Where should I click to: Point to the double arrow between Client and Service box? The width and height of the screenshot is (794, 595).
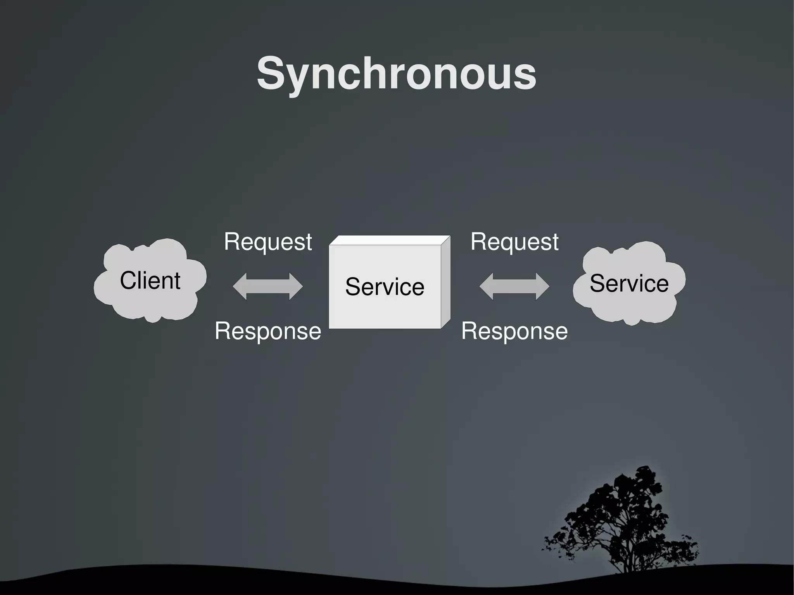pyautogui.click(x=268, y=286)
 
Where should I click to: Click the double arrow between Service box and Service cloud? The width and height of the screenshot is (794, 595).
pyautogui.click(x=514, y=286)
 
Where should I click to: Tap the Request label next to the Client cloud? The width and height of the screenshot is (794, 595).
pyautogui.click(x=268, y=242)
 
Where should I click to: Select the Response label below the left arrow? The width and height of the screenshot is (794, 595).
pyautogui.click(x=268, y=331)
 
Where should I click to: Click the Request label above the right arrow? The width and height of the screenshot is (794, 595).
pyautogui.click(x=514, y=242)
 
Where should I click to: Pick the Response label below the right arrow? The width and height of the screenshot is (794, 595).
pyautogui.click(x=514, y=331)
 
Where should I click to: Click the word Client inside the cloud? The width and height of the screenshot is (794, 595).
pyautogui.click(x=150, y=280)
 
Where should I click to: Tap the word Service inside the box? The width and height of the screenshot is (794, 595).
pyautogui.click(x=385, y=287)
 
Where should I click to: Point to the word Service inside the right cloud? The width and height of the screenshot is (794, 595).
pyautogui.click(x=629, y=283)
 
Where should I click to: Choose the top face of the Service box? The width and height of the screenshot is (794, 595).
pyautogui.click(x=390, y=240)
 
